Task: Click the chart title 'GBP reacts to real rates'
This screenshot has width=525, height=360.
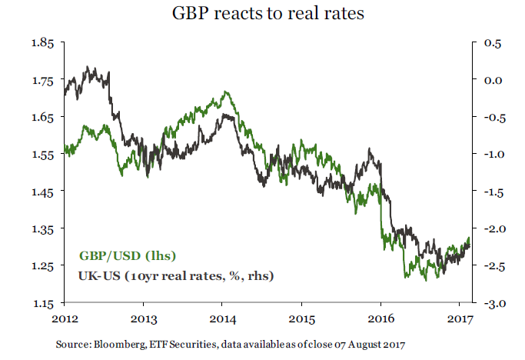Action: click(x=262, y=15)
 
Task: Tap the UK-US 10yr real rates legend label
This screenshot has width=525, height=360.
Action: click(x=177, y=275)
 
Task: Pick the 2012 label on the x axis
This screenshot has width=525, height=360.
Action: click(x=65, y=318)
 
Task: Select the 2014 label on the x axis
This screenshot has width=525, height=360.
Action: click(x=223, y=318)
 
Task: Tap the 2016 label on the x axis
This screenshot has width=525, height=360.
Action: click(x=380, y=318)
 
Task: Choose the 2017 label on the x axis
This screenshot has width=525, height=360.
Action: click(x=460, y=318)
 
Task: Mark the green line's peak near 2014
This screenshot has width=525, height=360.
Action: click(x=225, y=92)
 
